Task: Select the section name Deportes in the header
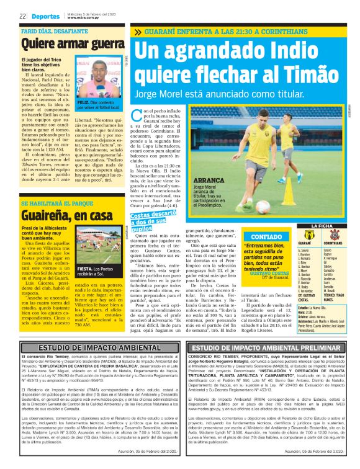coord(43,16)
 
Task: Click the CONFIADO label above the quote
coord(248,220)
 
